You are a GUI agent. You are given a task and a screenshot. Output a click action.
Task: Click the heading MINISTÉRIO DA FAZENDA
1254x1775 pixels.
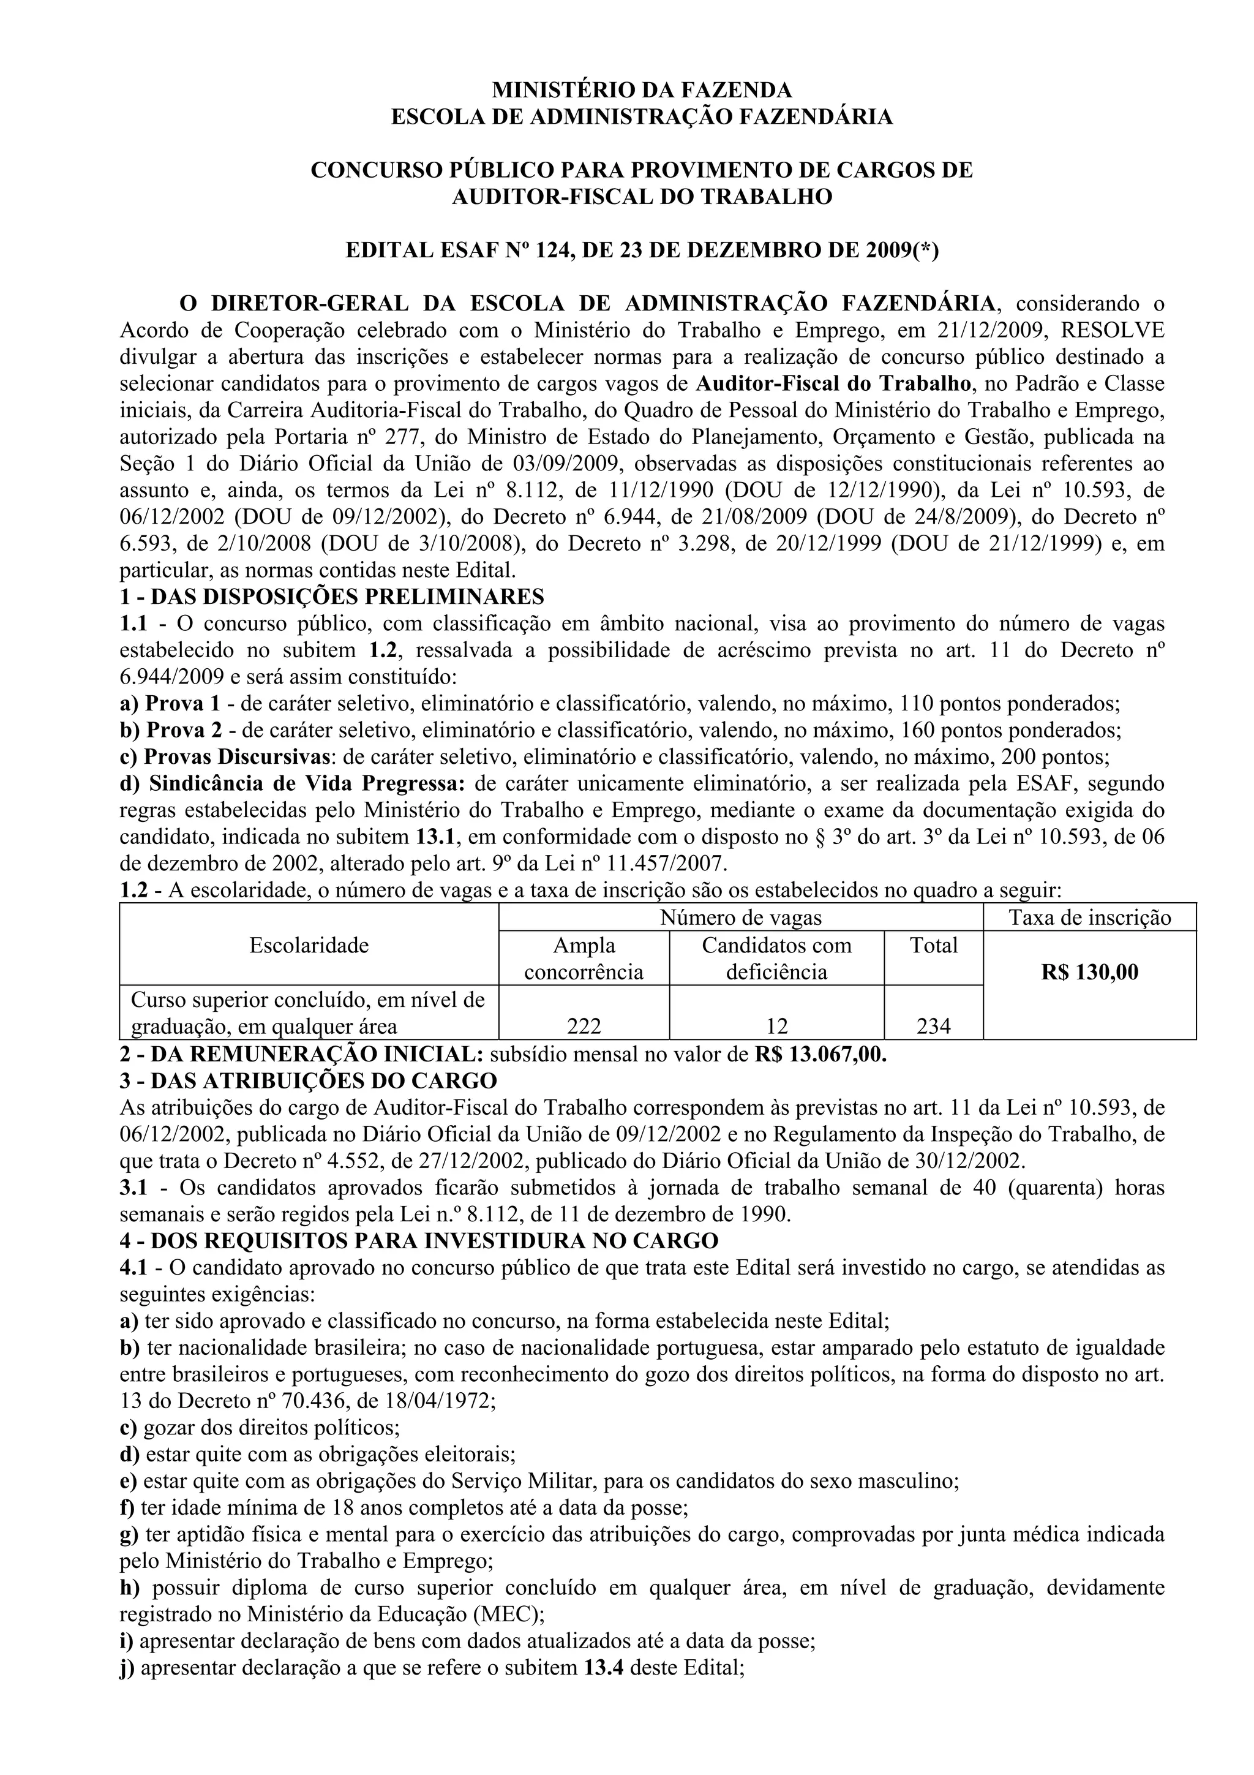tap(642, 91)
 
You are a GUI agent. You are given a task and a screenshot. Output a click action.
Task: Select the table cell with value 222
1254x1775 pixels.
tap(584, 1026)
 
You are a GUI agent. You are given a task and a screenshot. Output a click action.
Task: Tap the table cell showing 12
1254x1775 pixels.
tap(776, 1026)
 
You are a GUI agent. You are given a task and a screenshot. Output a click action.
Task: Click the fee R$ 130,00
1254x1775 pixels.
tap(1089, 972)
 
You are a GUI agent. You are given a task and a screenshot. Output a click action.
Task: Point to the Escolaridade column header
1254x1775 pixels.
tap(309, 944)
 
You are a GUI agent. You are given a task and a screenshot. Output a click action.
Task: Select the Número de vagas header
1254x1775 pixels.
tap(740, 918)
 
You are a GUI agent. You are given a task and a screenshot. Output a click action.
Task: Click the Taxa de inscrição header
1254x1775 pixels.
tap(1089, 918)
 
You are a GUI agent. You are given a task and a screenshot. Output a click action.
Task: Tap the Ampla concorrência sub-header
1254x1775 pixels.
tap(584, 959)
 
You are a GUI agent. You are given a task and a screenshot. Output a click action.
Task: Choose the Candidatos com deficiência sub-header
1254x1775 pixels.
tap(776, 959)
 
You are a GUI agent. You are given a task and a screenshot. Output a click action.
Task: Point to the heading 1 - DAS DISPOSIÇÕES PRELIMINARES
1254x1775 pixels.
tap(332, 597)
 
